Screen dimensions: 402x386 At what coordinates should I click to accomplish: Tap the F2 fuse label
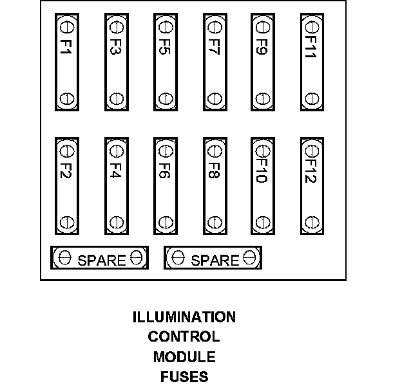click(66, 170)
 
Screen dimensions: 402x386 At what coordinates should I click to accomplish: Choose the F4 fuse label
click(116, 170)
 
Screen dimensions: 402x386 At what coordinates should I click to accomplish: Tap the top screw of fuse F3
click(116, 27)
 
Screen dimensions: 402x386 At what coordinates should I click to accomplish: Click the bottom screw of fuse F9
click(262, 99)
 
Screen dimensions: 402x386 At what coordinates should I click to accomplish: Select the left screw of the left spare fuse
click(64, 258)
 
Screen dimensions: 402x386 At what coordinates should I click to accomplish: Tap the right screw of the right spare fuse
click(250, 258)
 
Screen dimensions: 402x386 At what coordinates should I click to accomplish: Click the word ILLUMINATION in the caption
click(184, 317)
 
